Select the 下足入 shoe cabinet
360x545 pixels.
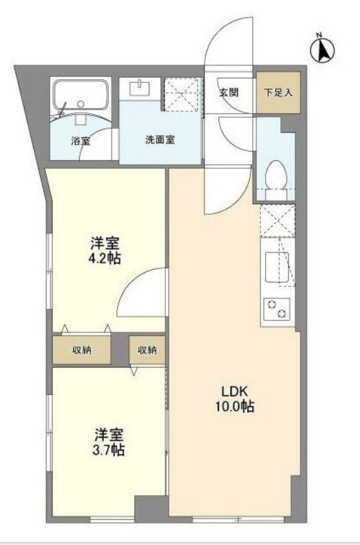click(x=278, y=93)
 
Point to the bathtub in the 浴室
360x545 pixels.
click(x=80, y=94)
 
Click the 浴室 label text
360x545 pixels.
click(x=80, y=141)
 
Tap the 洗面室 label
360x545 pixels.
click(x=160, y=140)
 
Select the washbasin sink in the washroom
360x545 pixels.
click(x=139, y=89)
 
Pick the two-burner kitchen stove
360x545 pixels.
click(x=278, y=308)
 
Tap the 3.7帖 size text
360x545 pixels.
click(x=108, y=450)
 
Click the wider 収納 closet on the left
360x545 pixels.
click(x=82, y=349)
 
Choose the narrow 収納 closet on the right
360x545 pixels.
click(x=147, y=349)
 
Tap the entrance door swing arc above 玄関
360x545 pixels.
click(x=227, y=47)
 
